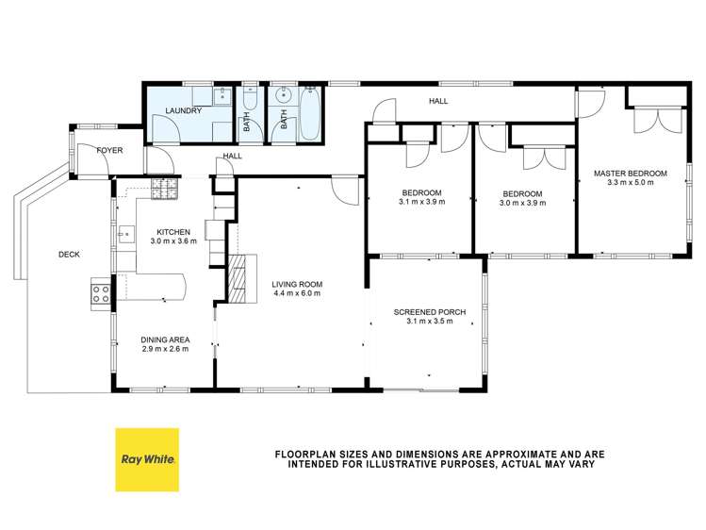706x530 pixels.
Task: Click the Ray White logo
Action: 146,459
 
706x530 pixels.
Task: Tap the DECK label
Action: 69,254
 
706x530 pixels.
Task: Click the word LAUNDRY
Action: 182,111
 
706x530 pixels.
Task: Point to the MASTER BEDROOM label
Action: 630,173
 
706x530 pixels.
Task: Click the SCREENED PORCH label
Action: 425,311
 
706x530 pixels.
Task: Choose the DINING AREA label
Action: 165,340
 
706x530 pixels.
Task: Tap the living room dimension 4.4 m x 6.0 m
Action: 297,293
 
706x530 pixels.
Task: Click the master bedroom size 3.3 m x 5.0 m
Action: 630,183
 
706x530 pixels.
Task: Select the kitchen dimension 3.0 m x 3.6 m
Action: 173,241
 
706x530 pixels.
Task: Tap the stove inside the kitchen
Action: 164,189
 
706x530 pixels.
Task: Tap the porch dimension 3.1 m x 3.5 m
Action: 425,322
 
